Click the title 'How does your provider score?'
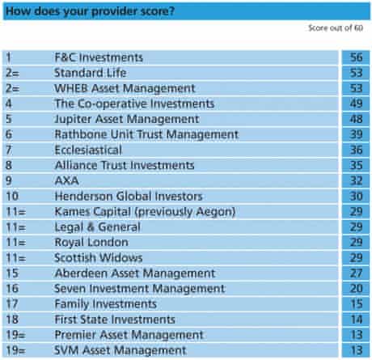[91, 11]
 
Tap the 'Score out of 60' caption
[336, 28]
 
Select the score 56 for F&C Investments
[356, 57]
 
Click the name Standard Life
[91, 73]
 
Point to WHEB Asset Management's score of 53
[356, 88]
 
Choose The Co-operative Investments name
[134, 104]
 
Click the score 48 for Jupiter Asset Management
[356, 119]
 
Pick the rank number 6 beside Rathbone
[9, 134]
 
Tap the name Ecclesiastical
[88, 150]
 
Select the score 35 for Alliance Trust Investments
[356, 165]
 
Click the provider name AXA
[66, 180]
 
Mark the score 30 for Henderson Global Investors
[356, 196]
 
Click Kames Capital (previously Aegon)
[145, 212]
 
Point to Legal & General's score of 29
[356, 227]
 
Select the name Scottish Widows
[99, 258]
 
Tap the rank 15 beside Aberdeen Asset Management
[12, 273]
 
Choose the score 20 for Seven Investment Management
[356, 289]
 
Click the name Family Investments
[105, 304]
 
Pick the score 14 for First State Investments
[356, 320]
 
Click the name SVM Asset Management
[120, 350]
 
